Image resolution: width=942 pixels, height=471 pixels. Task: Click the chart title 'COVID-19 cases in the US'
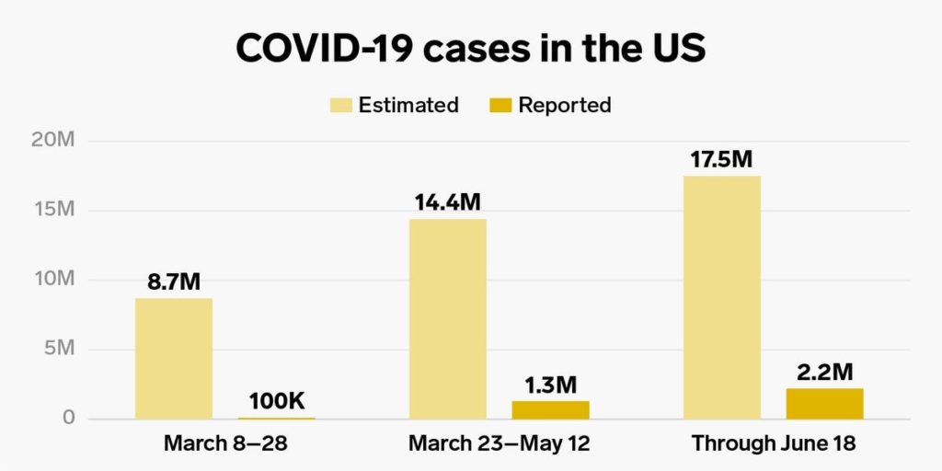tap(470, 48)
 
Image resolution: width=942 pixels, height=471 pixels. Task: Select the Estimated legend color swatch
tap(341, 105)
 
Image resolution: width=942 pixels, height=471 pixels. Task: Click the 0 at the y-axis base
tap(68, 419)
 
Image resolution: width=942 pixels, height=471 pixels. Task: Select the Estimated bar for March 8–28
tap(173, 359)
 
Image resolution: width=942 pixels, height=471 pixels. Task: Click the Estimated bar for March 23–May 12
tap(447, 319)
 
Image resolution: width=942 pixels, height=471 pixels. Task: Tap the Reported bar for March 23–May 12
tap(550, 410)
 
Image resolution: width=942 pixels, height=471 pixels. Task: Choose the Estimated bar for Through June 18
tap(722, 297)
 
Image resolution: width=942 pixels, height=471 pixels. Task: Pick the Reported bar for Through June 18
tap(825, 404)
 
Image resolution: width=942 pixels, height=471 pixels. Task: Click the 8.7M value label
tap(174, 282)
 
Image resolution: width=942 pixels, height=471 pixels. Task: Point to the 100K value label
tap(277, 401)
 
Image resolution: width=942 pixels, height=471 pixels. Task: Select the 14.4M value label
tap(447, 202)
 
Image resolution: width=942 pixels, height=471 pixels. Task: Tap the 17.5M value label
tap(722, 159)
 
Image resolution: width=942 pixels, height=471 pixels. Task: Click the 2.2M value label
tap(825, 372)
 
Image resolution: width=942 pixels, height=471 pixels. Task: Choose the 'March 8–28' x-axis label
tap(225, 443)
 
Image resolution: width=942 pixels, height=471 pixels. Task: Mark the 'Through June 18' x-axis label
tap(774, 443)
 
